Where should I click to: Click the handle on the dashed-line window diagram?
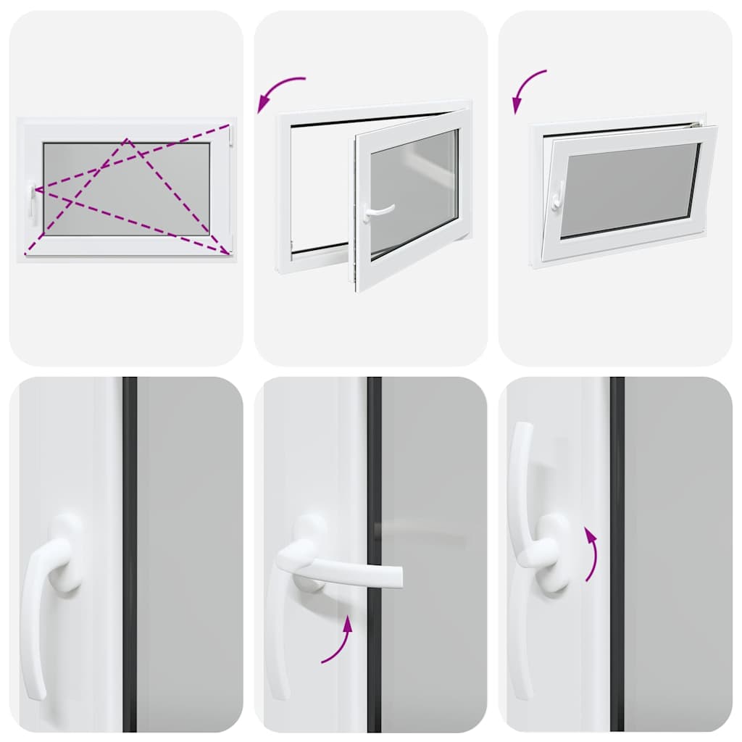coord(32,200)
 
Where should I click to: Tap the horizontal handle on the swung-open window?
coord(380,211)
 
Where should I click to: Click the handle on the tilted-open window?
coord(556,196)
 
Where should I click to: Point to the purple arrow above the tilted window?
coord(527,89)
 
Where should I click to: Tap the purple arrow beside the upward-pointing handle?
coord(592,554)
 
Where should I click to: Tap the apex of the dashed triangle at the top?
coord(127,139)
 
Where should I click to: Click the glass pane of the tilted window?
coord(628,188)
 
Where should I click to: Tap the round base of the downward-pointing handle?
coord(65,554)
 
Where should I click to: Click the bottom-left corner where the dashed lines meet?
coord(27,253)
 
